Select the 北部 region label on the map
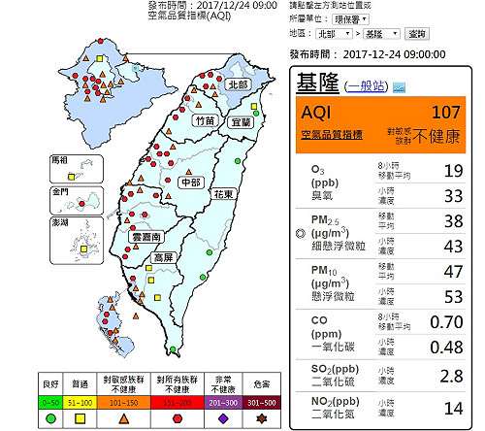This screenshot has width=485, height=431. [x=238, y=84]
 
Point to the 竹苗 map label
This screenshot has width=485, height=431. [x=206, y=120]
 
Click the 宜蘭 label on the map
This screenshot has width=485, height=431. [x=241, y=123]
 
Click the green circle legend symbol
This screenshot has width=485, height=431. [x=50, y=417]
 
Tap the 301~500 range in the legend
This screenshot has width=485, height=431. [x=259, y=400]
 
